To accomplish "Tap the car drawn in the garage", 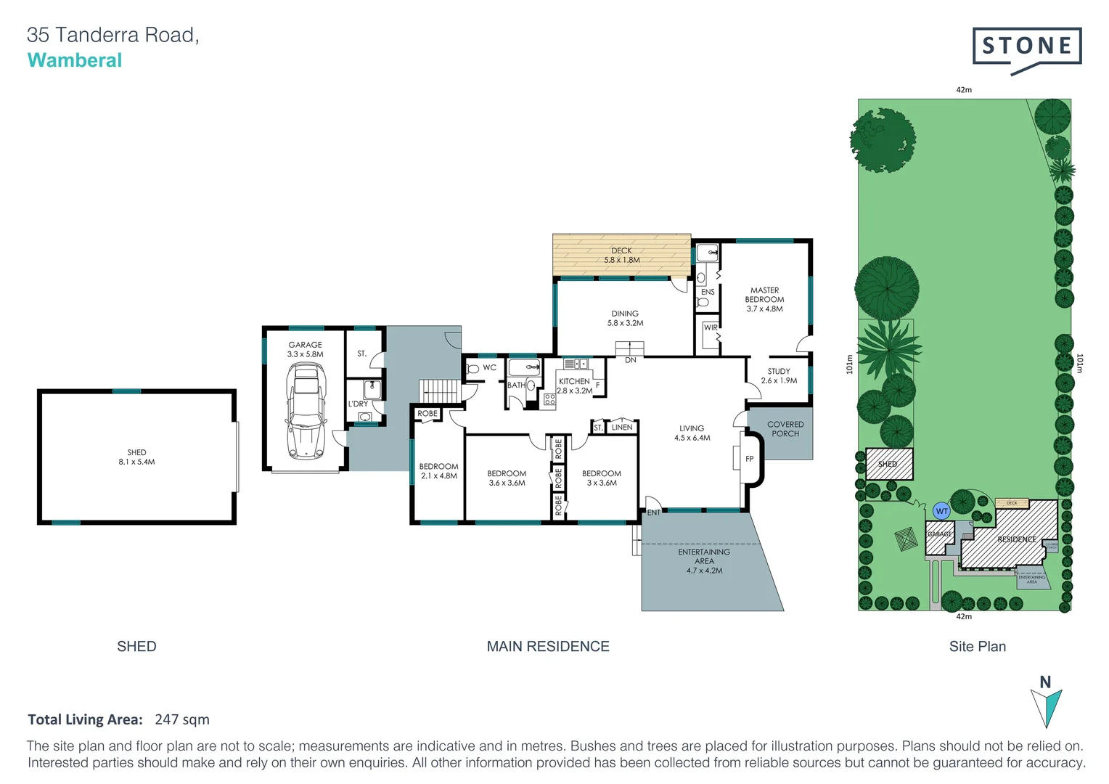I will click(x=306, y=410).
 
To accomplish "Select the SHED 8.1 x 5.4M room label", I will click(x=136, y=457).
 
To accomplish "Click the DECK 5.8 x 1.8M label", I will click(x=621, y=255).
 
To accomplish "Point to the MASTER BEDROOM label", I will click(x=764, y=299).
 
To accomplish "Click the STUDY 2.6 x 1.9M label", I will click(x=779, y=375).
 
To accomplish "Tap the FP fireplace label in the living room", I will click(x=749, y=459).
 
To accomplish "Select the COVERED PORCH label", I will click(x=785, y=429).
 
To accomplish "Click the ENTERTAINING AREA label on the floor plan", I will click(x=704, y=561).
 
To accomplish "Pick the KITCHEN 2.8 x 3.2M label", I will click(x=574, y=385).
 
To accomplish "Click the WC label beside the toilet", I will click(x=490, y=367).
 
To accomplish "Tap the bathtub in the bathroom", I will click(x=523, y=367).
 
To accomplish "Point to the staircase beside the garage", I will click(x=438, y=390).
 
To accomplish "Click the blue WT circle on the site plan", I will click(x=941, y=511).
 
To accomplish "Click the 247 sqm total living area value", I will click(x=182, y=719).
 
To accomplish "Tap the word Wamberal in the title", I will click(x=75, y=60).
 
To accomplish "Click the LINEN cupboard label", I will click(x=622, y=428).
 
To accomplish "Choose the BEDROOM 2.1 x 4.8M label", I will click(x=438, y=471).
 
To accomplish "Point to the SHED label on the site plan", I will click(x=888, y=464).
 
